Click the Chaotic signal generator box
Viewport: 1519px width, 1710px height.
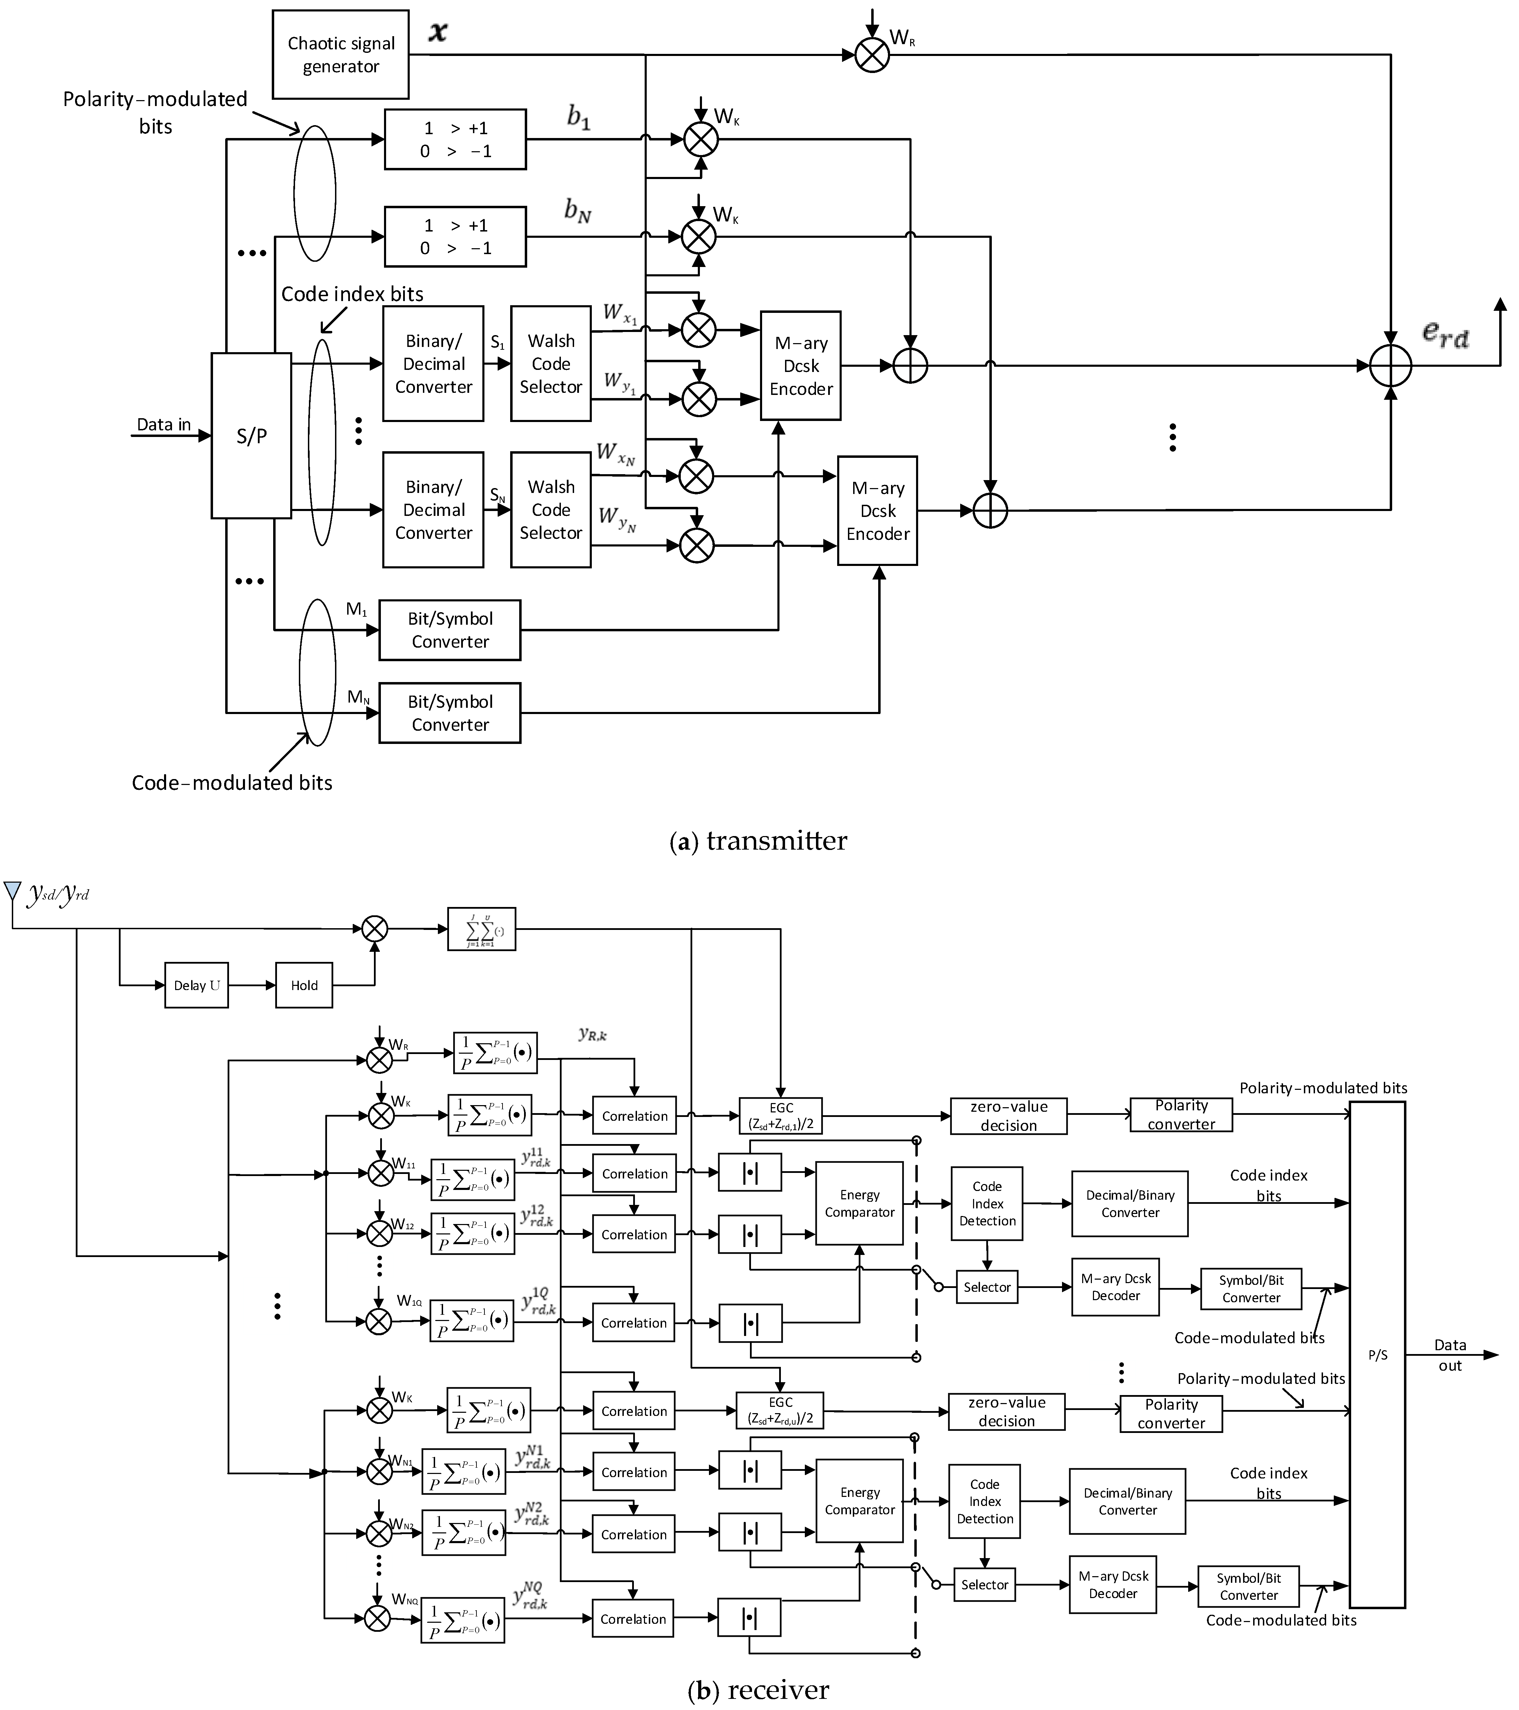341,54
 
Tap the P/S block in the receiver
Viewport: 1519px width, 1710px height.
1377,1355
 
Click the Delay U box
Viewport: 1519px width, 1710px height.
197,986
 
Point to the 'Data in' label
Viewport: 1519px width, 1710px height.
164,424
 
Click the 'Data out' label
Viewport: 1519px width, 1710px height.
1449,1355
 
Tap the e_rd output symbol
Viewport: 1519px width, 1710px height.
1445,333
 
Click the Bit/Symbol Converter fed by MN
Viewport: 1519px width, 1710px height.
450,713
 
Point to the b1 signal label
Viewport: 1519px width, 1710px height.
579,117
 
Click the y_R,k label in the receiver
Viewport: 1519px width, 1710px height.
592,1035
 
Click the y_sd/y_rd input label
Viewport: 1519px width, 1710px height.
58,894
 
